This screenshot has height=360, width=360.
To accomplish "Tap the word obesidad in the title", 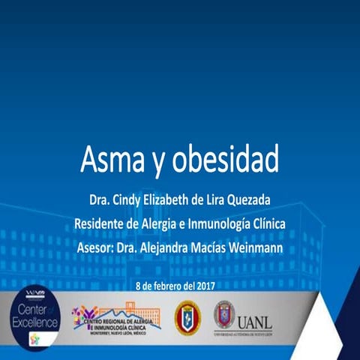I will pyautogui.click(x=229, y=160).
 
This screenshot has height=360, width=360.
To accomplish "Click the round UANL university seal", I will pyautogui.click(x=223, y=314).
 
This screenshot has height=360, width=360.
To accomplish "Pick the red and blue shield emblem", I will pyautogui.click(x=187, y=317).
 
